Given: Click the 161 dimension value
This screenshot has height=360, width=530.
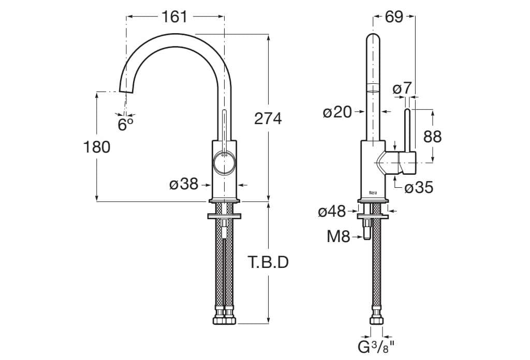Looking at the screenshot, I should click(174, 17).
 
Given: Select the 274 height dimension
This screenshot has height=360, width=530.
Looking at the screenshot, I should click(268, 118).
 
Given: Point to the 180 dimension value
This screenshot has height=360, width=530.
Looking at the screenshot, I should click(97, 147).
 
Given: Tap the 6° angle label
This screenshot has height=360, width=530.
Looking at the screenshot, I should click(125, 124).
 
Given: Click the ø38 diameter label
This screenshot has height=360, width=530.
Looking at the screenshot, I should click(184, 183).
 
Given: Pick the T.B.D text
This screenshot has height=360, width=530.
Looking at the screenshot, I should click(268, 263).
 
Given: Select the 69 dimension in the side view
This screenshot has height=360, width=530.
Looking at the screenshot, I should click(394, 17).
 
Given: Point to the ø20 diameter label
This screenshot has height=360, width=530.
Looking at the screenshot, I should click(337, 112).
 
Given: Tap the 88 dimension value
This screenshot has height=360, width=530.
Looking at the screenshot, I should click(433, 136).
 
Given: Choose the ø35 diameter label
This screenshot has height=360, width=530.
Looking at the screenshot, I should click(418, 187).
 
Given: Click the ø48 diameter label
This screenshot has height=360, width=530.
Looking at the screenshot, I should click(332, 211).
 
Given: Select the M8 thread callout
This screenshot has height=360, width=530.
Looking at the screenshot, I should click(338, 237).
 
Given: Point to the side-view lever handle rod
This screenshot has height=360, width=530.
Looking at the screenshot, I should click(407, 129).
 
